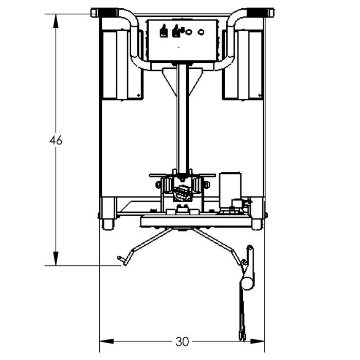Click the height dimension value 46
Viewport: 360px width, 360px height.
[56, 140]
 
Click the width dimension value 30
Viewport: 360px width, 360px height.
[182, 341]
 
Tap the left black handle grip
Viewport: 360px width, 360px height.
[102, 11]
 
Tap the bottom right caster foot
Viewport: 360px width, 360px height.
[256, 225]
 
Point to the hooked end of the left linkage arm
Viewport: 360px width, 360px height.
[122, 262]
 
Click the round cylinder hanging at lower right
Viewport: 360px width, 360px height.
[247, 282]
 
